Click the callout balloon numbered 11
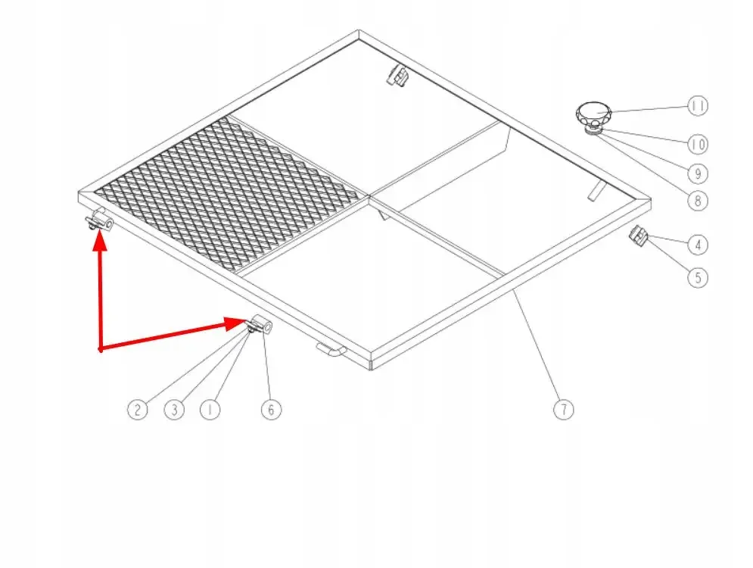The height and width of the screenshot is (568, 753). point(698,106)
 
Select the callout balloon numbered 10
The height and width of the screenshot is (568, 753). point(698,144)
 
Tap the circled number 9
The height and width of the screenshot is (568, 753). point(698,173)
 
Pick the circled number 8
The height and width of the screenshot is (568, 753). point(698,201)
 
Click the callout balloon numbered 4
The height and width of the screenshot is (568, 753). point(698,245)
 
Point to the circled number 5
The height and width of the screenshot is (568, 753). point(698,278)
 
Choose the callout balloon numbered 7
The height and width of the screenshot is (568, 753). point(564,410)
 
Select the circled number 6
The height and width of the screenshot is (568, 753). point(271,410)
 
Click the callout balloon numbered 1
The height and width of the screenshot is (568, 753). point(210,410)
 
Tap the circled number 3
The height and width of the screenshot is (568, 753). point(174,410)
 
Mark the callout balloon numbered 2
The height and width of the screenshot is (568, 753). point(137,410)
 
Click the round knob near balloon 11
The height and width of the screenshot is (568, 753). point(594,115)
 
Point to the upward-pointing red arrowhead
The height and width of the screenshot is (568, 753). point(100,242)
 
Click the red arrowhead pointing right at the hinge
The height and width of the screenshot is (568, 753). point(236,323)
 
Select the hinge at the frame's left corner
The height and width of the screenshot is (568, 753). point(99,221)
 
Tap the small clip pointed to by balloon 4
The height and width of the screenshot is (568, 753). point(639,236)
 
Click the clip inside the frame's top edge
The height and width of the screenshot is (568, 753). point(397,76)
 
